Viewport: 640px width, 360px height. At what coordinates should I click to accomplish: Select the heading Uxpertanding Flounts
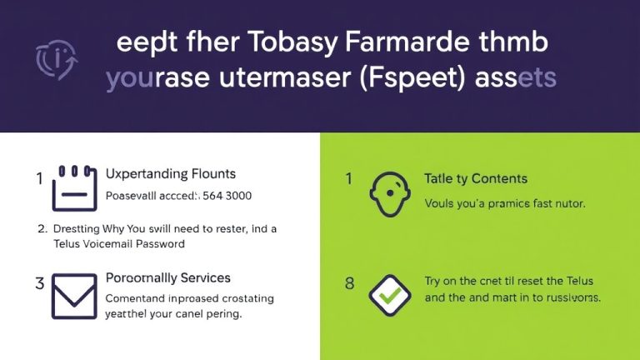[x=171, y=174]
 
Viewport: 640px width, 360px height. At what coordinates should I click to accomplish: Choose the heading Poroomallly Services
[x=168, y=277]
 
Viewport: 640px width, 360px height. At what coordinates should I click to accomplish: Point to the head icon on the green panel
[x=392, y=191]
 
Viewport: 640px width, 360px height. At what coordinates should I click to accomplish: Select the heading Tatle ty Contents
[x=476, y=178]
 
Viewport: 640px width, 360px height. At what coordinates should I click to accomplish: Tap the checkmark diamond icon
[x=392, y=295]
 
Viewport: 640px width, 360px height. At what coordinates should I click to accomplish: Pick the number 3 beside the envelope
[x=39, y=283]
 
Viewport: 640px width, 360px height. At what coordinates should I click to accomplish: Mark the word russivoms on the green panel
[x=569, y=297]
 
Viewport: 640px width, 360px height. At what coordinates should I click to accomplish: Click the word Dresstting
[x=77, y=228]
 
